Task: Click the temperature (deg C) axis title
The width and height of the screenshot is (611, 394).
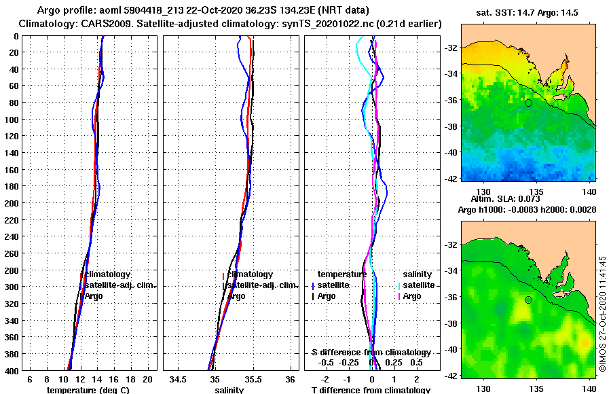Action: coord(88,390)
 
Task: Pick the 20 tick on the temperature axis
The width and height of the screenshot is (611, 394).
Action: coord(147,378)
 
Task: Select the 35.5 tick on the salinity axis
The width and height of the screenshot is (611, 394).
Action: coord(252,378)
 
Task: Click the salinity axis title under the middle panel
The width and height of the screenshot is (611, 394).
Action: coord(229,390)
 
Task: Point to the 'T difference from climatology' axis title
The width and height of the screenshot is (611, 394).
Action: coord(371,390)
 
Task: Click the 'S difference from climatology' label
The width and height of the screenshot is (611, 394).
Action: coord(371,353)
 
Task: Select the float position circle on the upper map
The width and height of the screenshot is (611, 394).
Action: coord(528,103)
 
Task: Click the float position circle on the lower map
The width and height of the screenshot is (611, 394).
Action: coord(528,300)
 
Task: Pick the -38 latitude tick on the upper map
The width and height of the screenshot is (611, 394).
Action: coord(451,126)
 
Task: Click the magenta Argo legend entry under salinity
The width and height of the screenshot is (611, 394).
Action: coord(410,296)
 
